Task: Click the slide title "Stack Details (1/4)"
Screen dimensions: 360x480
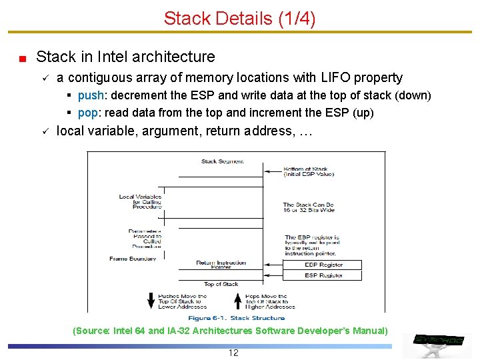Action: click(x=239, y=18)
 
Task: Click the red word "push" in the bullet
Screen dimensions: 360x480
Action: click(x=89, y=95)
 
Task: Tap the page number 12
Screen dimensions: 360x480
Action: click(x=233, y=353)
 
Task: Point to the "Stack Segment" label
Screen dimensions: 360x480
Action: click(x=222, y=161)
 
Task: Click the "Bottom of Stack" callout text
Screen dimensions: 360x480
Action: click(x=309, y=171)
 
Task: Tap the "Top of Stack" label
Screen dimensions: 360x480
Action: click(x=221, y=285)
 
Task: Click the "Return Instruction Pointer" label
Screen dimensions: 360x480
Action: click(x=221, y=265)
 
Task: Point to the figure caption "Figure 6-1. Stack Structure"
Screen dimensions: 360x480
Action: click(x=232, y=318)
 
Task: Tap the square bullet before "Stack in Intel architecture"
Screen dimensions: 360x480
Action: click(x=22, y=59)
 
